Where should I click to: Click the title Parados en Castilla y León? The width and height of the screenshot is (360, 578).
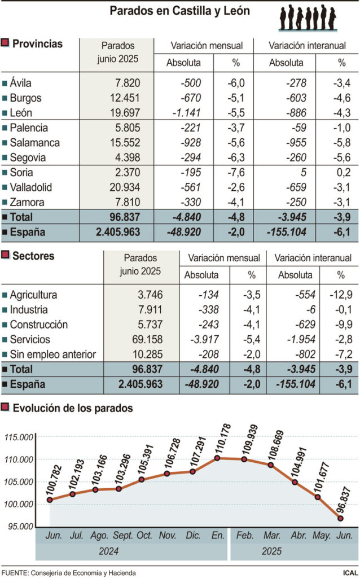tap(179, 11)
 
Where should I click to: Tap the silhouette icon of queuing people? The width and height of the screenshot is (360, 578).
tap(308, 17)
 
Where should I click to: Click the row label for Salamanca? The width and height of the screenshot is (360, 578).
tap(35, 143)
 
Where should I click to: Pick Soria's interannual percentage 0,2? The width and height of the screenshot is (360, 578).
tap(341, 172)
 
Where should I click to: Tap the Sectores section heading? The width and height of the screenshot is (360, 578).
tap(34, 256)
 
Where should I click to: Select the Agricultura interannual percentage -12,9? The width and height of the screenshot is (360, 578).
tap(340, 295)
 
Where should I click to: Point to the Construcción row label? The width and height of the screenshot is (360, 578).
tap(39, 325)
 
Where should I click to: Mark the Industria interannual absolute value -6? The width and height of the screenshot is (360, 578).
tap(307, 310)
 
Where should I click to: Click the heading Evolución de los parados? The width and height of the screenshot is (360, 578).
tap(73, 408)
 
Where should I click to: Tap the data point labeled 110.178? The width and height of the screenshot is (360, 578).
tap(217, 458)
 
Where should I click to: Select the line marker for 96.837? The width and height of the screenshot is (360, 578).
tap(341, 518)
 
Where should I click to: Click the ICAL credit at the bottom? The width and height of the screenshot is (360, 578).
tap(349, 573)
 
